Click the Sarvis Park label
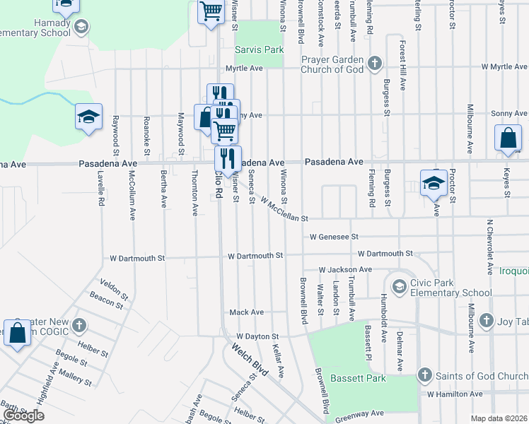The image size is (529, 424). [259, 50]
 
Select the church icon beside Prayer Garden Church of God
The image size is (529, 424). [374, 64]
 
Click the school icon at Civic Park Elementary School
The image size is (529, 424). [399, 285]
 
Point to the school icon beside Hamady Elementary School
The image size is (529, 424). [81, 27]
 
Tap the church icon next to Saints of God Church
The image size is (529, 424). [424, 375]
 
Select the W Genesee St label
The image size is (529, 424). [335, 237]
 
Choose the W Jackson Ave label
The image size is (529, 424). [345, 269]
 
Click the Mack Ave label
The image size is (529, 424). [247, 312]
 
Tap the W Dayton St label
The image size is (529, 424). [258, 336]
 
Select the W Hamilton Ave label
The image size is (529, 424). [454, 393]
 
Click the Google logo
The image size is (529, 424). [23, 416]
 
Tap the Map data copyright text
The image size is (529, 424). [499, 418]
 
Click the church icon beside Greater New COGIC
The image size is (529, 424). [79, 326]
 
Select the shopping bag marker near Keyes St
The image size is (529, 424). [509, 139]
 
